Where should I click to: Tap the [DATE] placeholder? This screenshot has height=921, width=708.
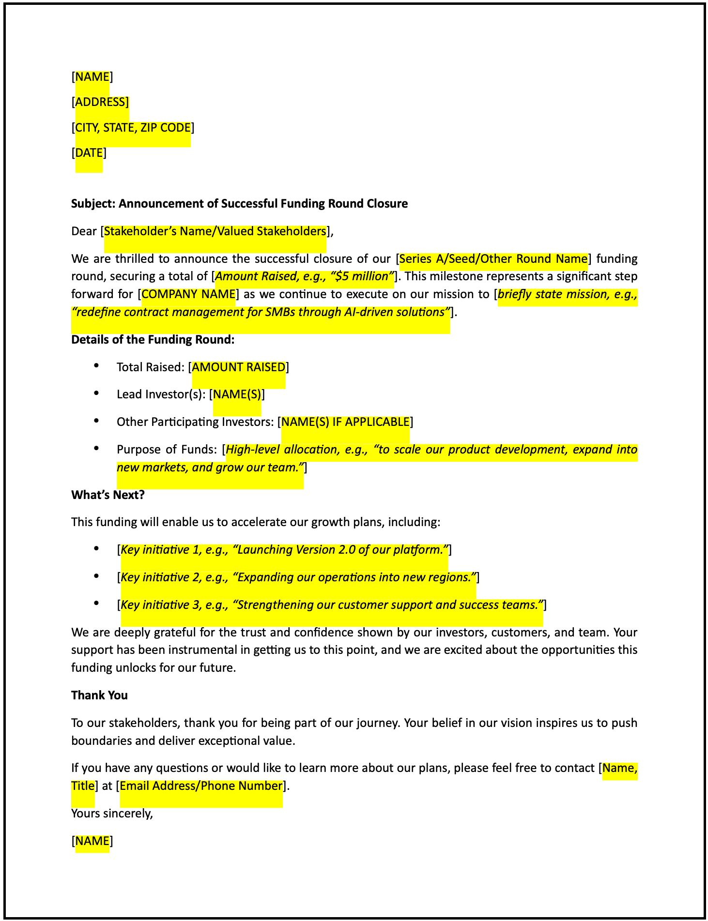coord(89,153)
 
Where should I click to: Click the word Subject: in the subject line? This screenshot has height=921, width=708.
coord(93,203)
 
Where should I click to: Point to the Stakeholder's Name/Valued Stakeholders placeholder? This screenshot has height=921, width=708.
coord(215,231)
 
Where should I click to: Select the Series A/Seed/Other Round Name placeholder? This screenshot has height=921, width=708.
coord(493,259)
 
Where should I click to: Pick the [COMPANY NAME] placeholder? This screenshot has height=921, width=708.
coord(188,294)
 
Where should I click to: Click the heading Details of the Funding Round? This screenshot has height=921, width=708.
coord(153,340)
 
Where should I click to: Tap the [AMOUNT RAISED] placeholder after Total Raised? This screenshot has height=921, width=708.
coord(239,367)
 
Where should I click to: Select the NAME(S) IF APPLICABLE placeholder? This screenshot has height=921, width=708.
coord(345,422)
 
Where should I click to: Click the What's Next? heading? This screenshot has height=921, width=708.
coord(108,495)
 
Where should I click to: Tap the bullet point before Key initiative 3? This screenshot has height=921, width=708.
coord(97,604)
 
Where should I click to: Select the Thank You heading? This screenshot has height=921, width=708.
coord(99,695)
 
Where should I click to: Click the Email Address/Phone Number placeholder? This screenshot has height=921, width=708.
coord(201,786)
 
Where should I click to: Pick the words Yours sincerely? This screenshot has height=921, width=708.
coord(111,814)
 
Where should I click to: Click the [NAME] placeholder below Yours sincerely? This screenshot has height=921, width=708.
coord(92,841)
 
